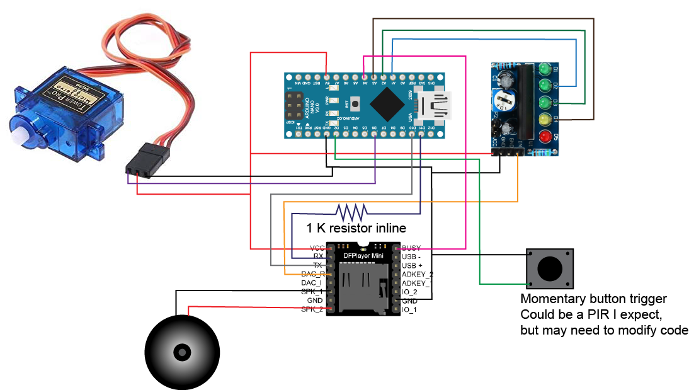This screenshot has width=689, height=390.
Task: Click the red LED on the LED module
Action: (x=544, y=136)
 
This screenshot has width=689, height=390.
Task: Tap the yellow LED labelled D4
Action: (x=544, y=119)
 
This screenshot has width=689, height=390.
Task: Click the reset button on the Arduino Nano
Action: (x=356, y=103)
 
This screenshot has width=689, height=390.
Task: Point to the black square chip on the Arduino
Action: (x=385, y=103)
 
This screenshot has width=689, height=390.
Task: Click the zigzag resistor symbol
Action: (x=352, y=210)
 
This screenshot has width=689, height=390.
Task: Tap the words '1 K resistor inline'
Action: (x=356, y=227)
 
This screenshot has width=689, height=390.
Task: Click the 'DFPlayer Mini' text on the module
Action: (x=362, y=255)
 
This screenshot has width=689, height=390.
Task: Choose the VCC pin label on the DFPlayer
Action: (x=317, y=248)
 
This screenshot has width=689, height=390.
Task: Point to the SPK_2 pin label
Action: (x=312, y=309)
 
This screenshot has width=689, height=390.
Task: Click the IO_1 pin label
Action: (x=409, y=309)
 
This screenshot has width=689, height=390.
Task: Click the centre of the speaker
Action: (x=182, y=351)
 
